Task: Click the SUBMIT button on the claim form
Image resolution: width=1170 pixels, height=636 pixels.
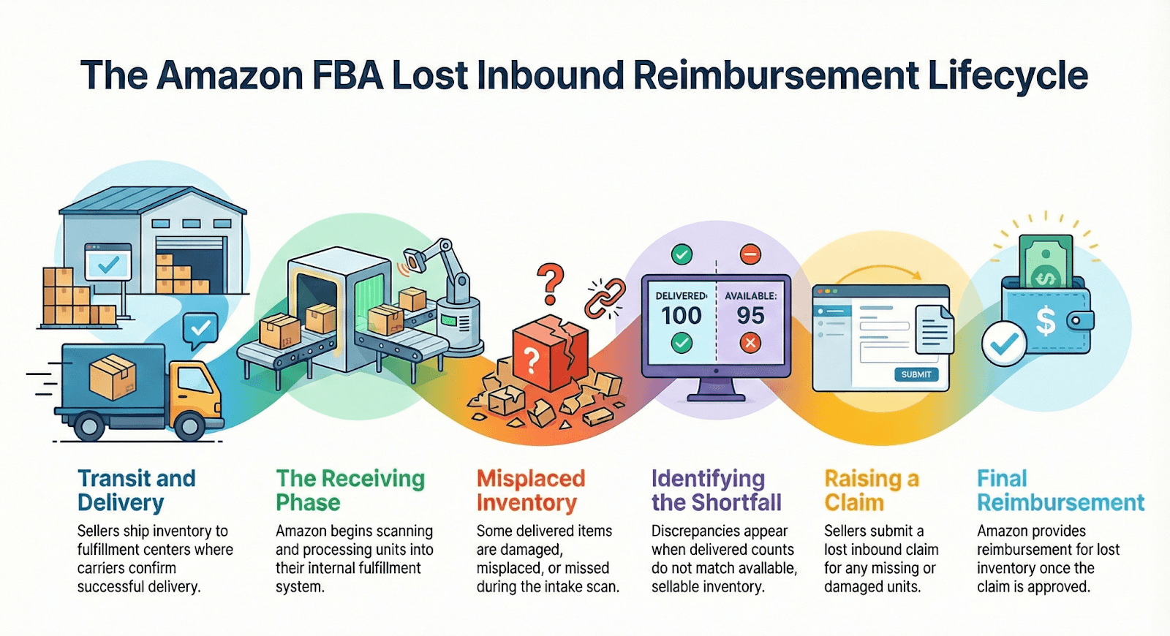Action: click(916, 374)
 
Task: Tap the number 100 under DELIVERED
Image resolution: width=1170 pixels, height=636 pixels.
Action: click(681, 316)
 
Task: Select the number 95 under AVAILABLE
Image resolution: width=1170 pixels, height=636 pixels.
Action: click(750, 316)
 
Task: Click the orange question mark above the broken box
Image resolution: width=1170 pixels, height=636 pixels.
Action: click(551, 284)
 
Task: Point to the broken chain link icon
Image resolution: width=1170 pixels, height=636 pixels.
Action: click(605, 298)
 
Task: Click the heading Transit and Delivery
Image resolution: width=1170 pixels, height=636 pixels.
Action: click(136, 491)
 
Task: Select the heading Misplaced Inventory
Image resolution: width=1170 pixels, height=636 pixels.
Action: click(530, 491)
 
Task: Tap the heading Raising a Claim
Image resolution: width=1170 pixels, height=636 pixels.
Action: click(871, 491)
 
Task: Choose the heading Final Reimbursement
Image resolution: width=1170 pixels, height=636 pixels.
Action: click(1060, 491)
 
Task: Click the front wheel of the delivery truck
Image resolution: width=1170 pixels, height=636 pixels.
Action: click(189, 425)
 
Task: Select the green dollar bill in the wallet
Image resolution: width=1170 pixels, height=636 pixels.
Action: click(1046, 262)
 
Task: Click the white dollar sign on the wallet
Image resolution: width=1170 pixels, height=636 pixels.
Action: click(1045, 320)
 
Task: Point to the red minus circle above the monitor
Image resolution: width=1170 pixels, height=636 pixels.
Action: click(750, 254)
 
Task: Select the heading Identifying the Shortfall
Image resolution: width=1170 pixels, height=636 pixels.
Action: click(716, 491)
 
